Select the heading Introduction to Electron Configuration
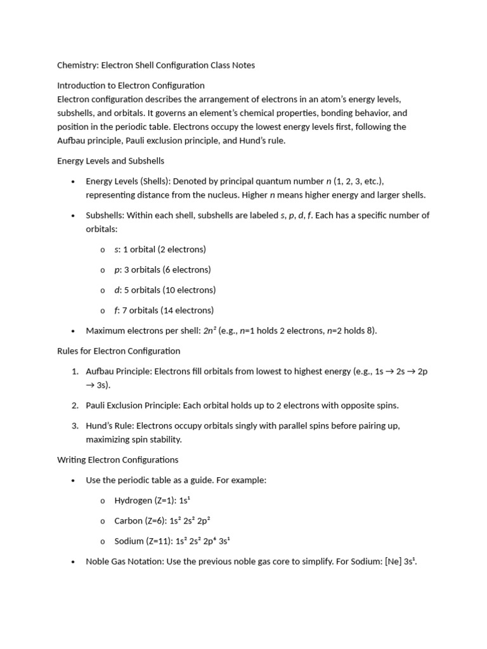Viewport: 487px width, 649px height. [131, 86]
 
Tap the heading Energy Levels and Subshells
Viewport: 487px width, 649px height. [110, 161]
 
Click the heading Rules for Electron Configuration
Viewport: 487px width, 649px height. [119, 351]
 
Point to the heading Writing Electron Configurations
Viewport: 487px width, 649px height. [117, 459]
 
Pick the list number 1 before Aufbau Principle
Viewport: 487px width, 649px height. [74, 371]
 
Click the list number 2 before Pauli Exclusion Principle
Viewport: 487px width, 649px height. [74, 405]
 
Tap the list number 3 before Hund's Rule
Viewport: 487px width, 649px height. [74, 425]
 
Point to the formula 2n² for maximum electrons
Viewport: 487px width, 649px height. [209, 330]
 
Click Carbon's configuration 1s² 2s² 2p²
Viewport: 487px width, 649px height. [188, 521]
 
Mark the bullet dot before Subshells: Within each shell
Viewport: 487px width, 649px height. [74, 216]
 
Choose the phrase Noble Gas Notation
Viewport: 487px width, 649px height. [124, 562]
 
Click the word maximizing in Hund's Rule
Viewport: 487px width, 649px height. [108, 439]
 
